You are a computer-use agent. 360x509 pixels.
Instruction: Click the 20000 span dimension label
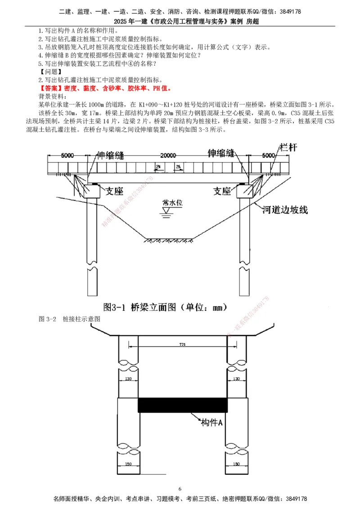167,155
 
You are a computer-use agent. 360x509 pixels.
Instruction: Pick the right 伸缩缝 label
226,153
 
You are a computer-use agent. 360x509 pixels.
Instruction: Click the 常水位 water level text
172,203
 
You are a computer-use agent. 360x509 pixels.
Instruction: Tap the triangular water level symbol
166,210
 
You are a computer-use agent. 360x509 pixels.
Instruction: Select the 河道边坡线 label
285,210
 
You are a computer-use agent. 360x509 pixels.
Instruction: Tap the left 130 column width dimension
128,379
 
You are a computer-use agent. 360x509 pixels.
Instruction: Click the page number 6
180,489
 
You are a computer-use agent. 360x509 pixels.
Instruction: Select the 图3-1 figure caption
165,308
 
